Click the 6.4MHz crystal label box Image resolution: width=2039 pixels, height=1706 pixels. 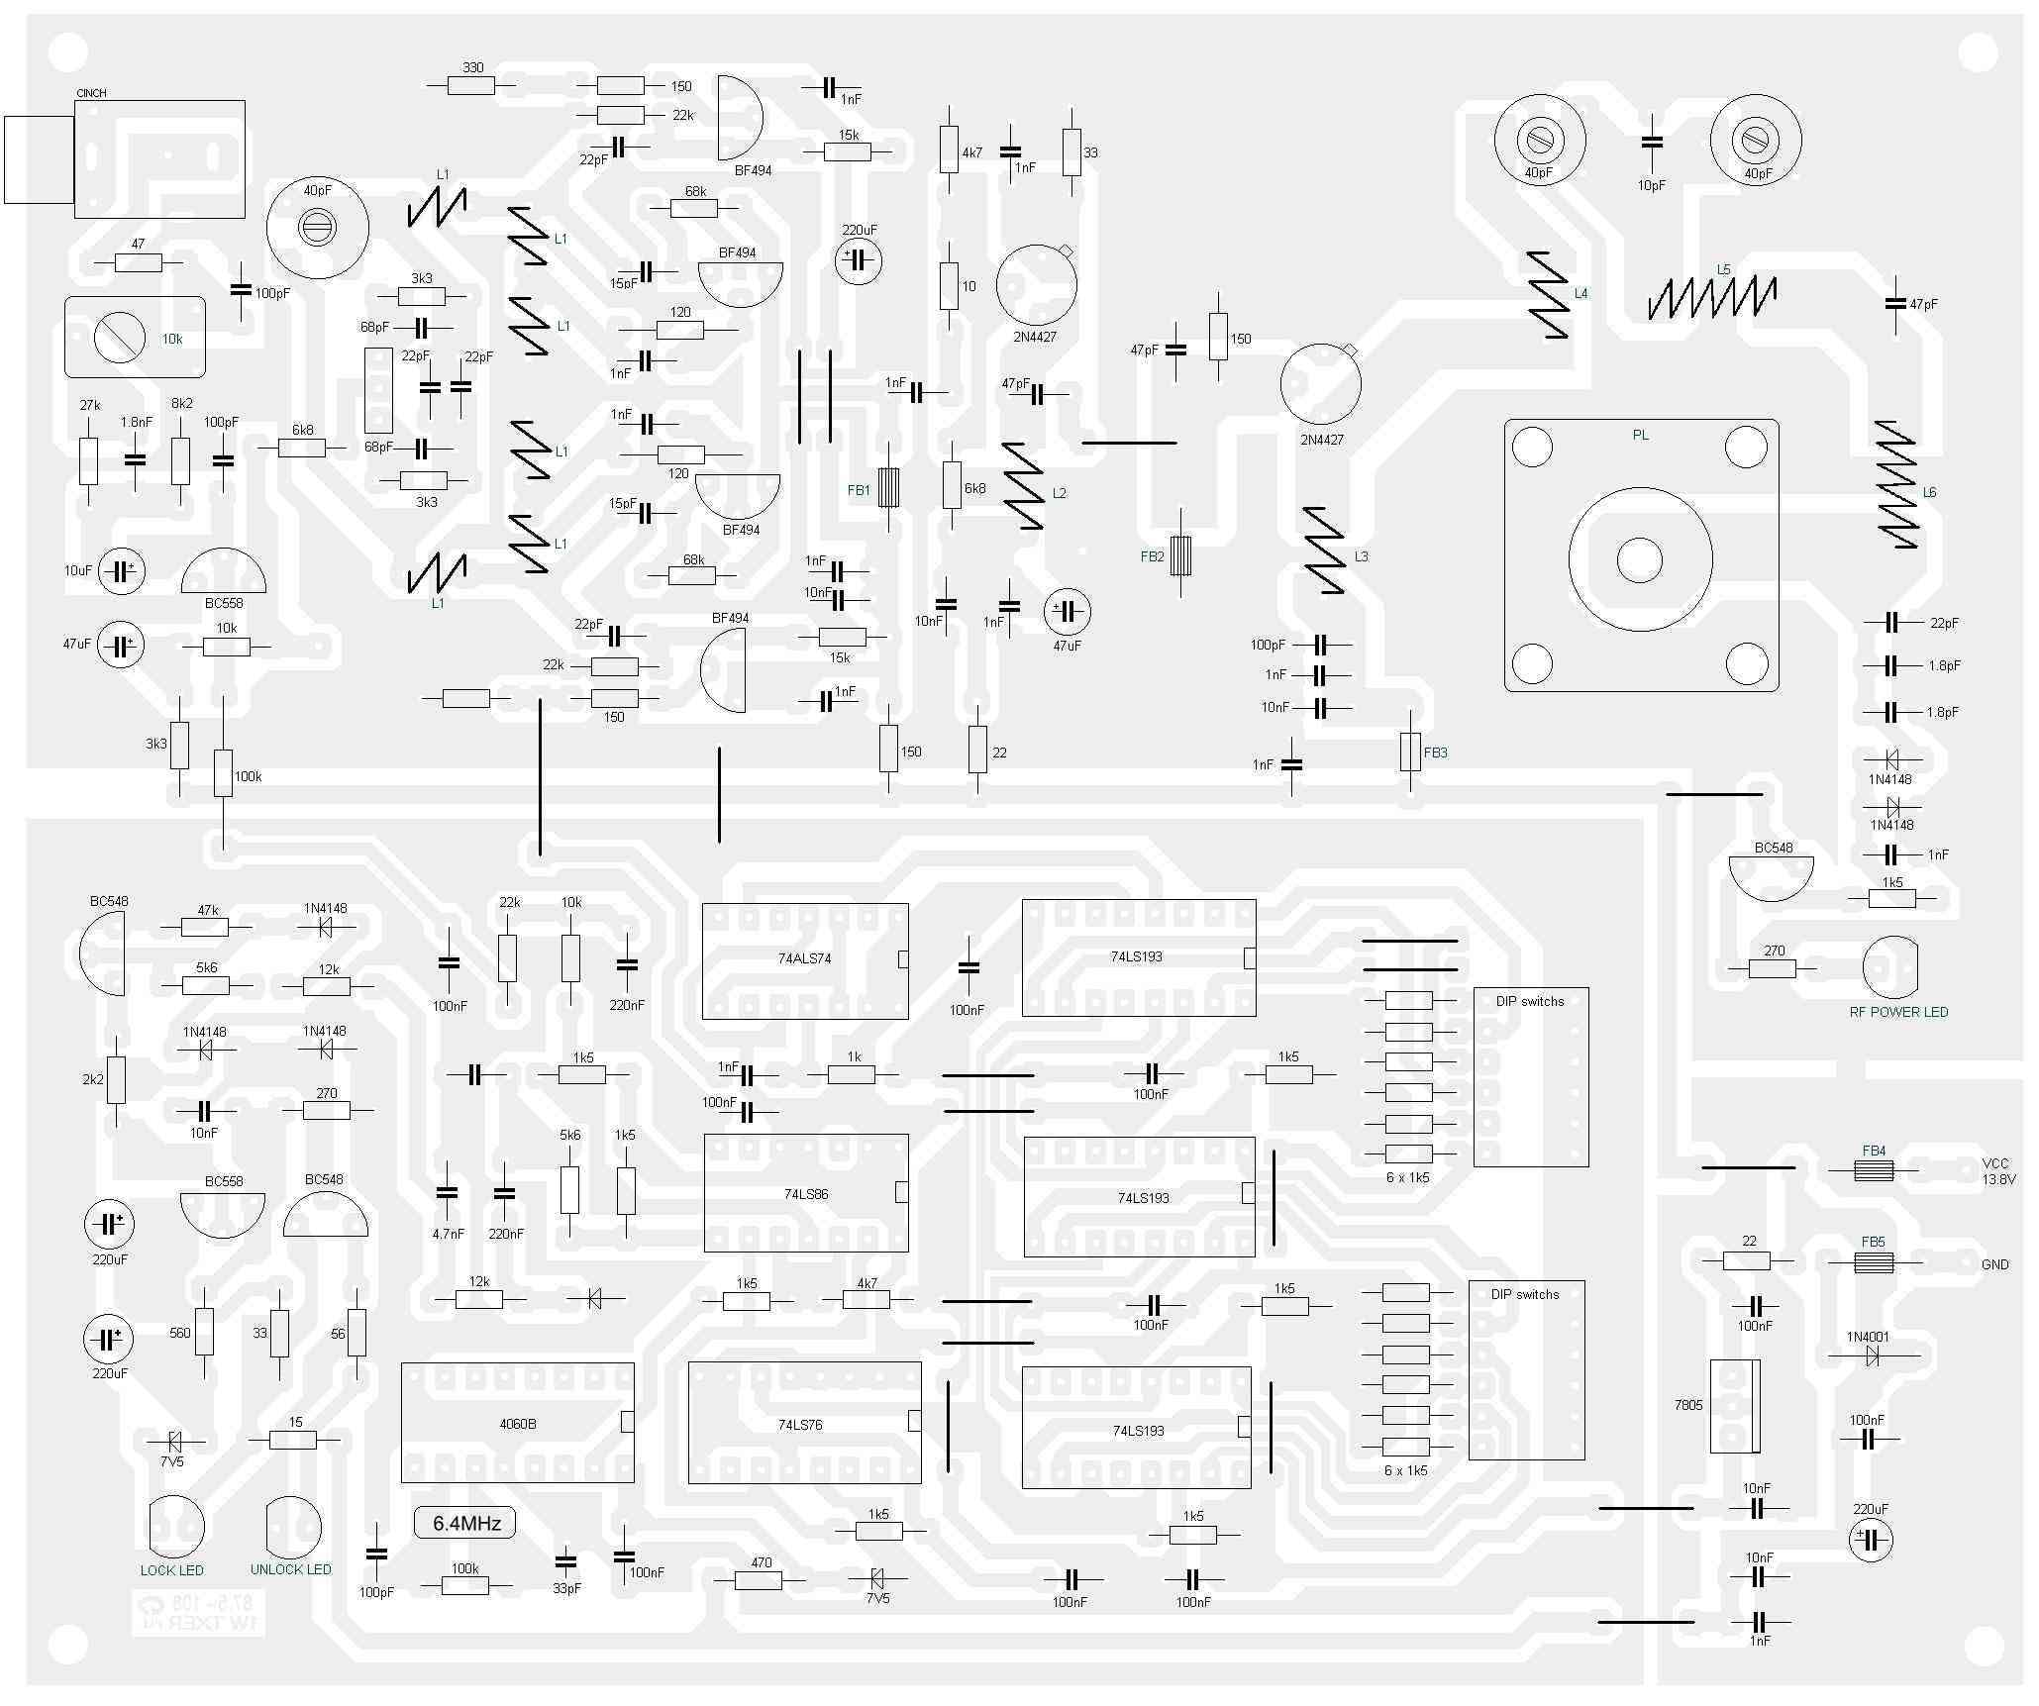click(466, 1523)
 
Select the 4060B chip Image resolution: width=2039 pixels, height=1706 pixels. click(517, 1423)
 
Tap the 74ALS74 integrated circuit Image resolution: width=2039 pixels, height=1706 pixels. click(804, 960)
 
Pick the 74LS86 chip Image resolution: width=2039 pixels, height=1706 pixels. click(805, 1193)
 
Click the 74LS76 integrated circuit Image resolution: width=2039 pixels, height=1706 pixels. click(804, 1424)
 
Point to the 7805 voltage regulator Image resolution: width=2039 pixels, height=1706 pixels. click(1735, 1406)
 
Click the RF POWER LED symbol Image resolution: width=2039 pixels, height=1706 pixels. click(1889, 967)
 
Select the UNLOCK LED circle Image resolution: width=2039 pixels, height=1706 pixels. click(293, 1527)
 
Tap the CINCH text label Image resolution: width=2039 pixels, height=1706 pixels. click(91, 93)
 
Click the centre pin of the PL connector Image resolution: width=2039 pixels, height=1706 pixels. click(1640, 560)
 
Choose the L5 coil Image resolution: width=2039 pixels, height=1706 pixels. click(1711, 296)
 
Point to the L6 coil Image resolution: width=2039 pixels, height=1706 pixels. click(1896, 485)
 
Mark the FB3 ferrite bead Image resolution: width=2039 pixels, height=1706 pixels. click(1410, 753)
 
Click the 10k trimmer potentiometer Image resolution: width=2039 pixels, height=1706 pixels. click(121, 338)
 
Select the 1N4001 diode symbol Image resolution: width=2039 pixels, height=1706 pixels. click(1872, 1356)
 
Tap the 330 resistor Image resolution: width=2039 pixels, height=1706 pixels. click(471, 86)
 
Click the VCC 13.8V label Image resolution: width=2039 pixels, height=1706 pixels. click(1997, 1171)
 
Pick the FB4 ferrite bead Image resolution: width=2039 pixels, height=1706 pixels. click(1873, 1170)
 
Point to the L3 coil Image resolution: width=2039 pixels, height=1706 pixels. click(1324, 551)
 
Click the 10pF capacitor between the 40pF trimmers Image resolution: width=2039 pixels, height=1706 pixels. click(1651, 144)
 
